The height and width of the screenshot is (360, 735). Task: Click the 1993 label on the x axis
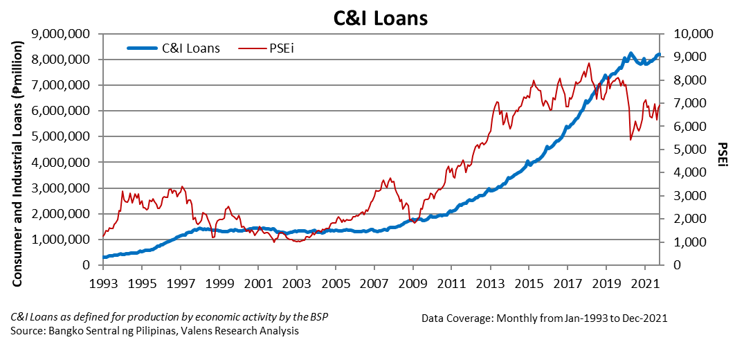[103, 284]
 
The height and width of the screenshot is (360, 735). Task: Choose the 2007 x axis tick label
[374, 284]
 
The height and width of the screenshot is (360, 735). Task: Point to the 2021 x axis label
[644, 284]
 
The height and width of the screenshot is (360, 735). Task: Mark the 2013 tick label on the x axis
[490, 284]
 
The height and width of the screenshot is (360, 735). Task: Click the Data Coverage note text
[543, 318]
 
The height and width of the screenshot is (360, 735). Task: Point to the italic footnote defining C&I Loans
[169, 317]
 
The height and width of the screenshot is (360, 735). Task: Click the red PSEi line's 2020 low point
[630, 140]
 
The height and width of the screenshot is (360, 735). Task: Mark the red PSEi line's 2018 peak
[589, 63]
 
